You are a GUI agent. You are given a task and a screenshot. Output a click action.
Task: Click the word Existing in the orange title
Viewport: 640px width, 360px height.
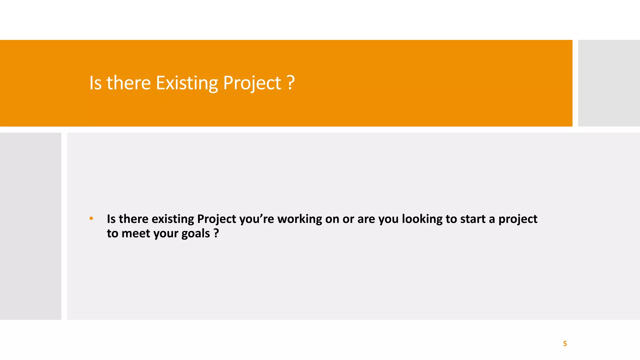[187, 83]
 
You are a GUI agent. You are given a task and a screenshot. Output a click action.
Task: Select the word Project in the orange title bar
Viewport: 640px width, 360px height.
[252, 84]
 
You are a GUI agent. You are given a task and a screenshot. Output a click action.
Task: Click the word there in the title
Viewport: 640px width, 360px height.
[128, 83]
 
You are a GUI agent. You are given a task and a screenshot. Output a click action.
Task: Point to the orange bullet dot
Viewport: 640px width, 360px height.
[91, 218]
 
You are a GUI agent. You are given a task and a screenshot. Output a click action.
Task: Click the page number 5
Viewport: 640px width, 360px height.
[565, 344]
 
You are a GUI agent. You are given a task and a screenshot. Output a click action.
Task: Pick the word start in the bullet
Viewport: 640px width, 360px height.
[473, 219]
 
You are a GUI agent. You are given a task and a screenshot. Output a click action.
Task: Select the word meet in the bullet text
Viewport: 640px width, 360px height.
[136, 234]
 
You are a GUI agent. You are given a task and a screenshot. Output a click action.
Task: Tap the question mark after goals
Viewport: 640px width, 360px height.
[216, 233]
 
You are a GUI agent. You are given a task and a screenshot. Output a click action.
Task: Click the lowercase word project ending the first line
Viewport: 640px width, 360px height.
[518, 219]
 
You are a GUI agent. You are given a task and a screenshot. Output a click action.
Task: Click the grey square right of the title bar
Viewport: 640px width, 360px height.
[609, 83]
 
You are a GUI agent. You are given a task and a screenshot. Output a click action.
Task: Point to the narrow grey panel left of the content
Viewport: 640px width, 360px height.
[31, 226]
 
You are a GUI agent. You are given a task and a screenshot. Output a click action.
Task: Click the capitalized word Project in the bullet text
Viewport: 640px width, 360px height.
[217, 219]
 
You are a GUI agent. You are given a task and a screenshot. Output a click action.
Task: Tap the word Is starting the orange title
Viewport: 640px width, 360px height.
[95, 83]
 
